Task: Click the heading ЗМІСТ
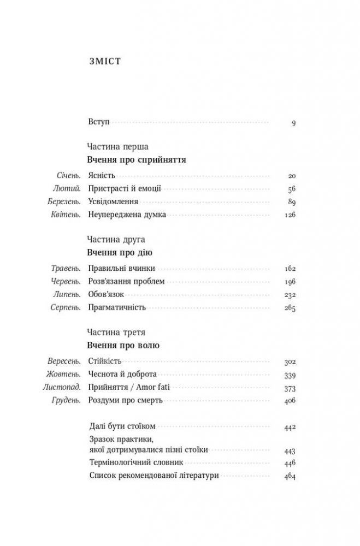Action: point(104,62)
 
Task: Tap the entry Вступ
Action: point(99,122)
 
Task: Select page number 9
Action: point(293,122)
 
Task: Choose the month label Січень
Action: point(69,176)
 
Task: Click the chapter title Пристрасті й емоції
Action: point(125,189)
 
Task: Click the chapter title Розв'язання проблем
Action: point(126,282)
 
